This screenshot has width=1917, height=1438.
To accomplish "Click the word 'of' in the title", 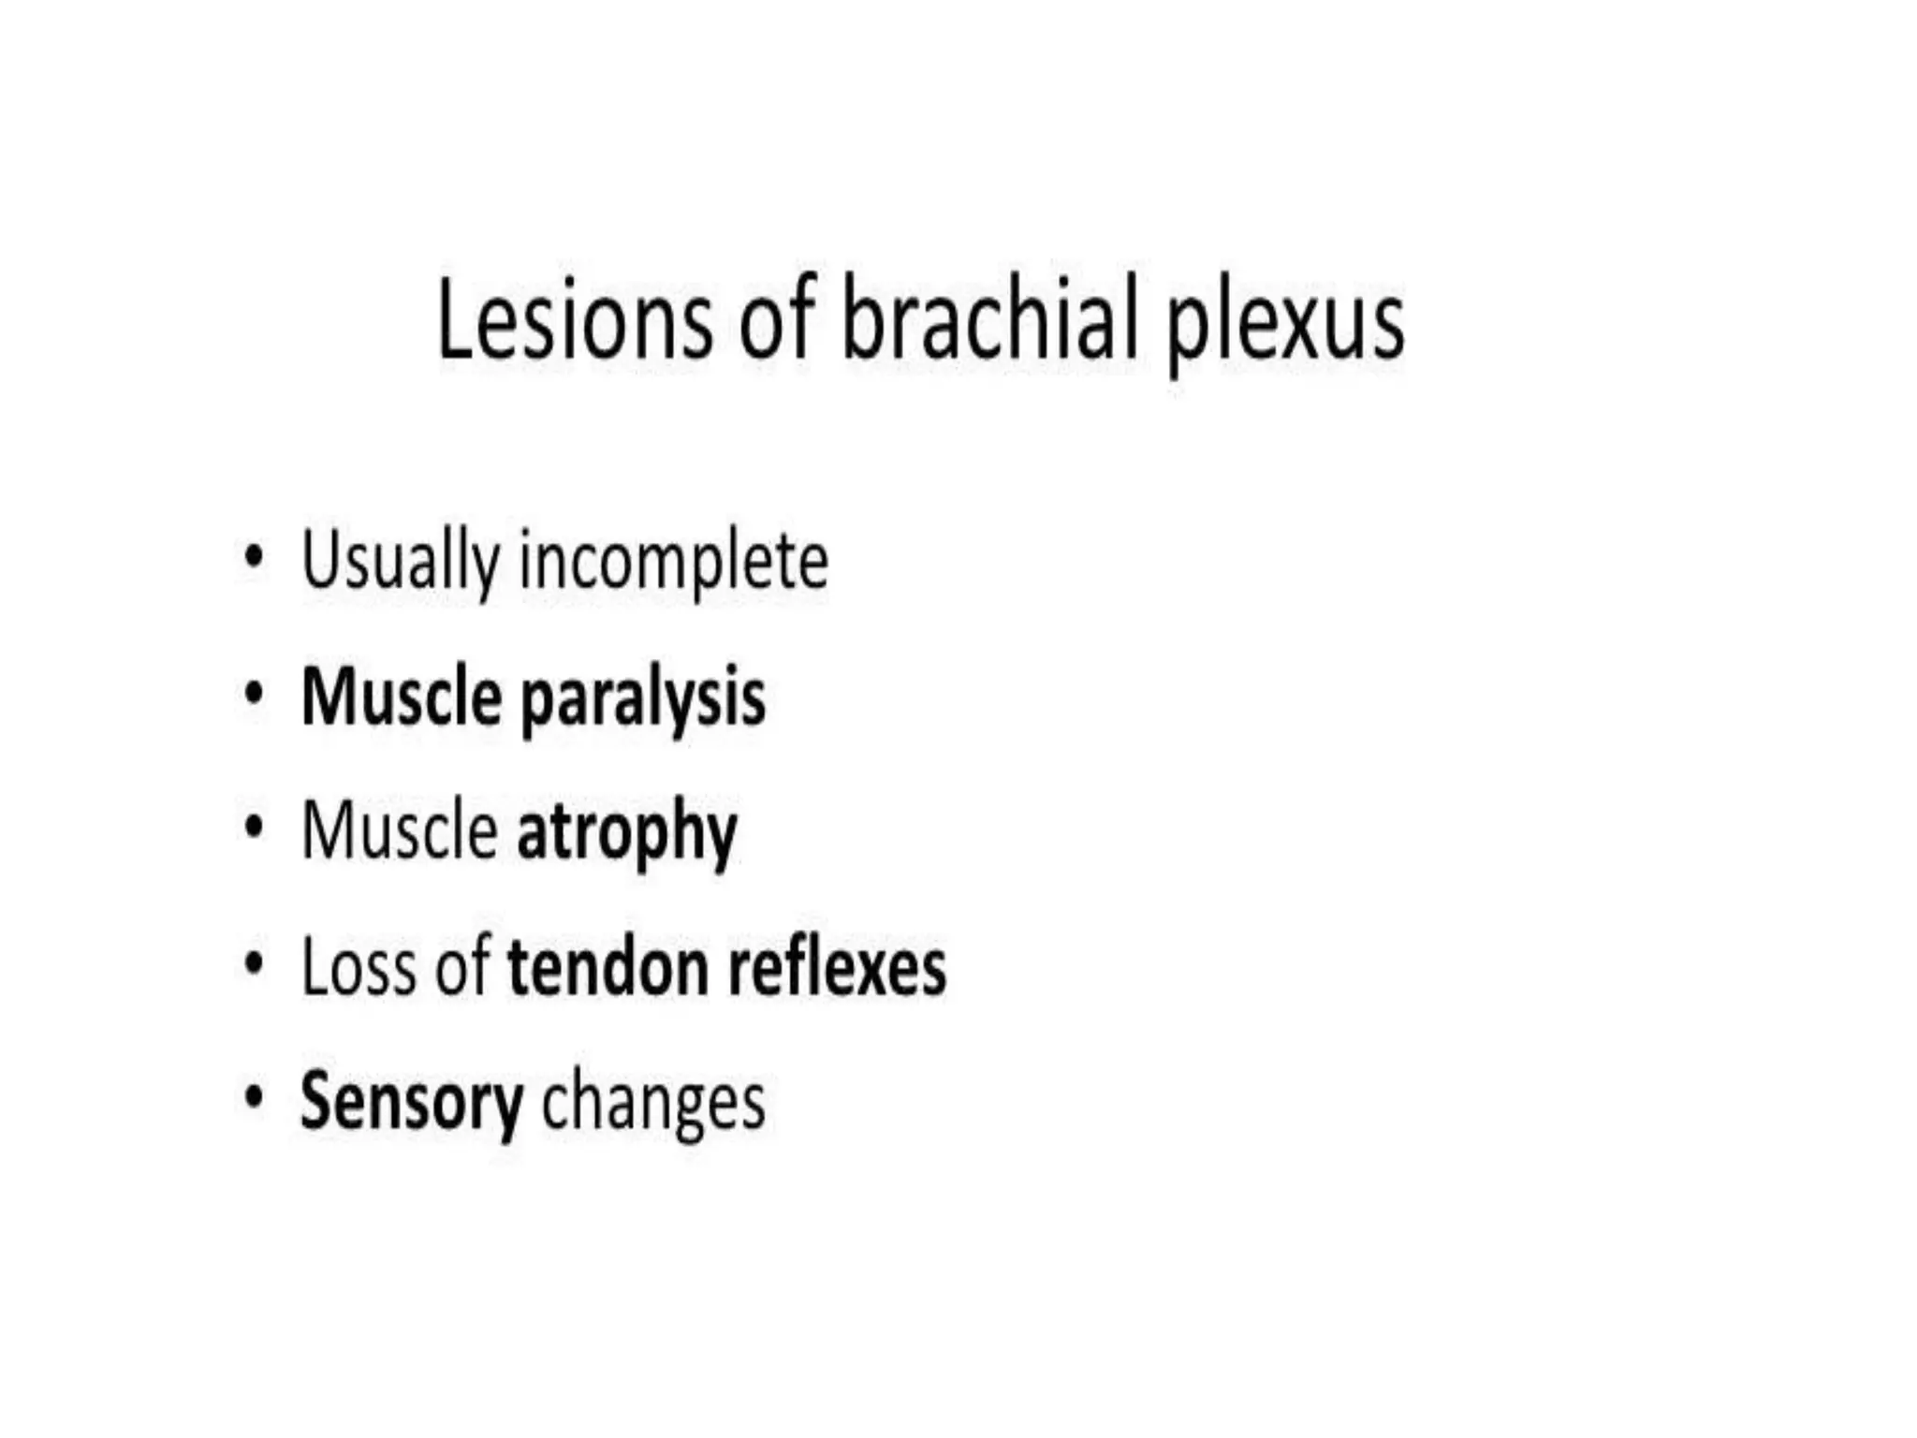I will (x=776, y=318).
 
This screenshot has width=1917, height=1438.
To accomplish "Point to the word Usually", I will (x=402, y=562).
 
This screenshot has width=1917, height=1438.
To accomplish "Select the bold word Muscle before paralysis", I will (x=402, y=697).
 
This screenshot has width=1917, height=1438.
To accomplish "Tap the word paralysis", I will (x=642, y=700).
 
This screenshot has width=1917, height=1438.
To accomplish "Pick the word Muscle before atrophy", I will (x=400, y=831).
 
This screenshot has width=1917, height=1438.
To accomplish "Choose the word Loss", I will (x=359, y=967).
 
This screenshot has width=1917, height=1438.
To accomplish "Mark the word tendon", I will (x=607, y=967).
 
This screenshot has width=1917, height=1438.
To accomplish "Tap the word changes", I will (x=653, y=1106).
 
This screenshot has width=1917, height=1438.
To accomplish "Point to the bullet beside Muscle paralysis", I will (x=253, y=695).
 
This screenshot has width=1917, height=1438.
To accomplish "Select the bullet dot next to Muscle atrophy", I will (x=253, y=828).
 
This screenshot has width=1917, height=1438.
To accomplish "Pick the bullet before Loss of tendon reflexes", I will (x=253, y=963).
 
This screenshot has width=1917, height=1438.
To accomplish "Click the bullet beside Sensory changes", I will (x=253, y=1098).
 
